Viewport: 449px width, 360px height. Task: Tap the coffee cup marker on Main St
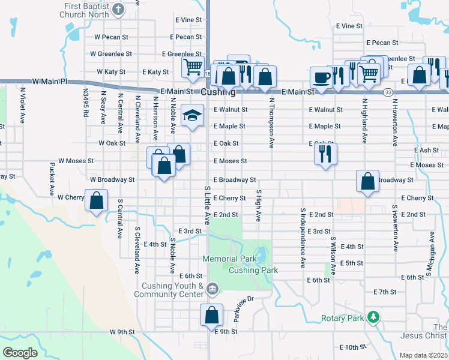click(321, 77)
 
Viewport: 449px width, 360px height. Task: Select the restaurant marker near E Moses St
click(325, 154)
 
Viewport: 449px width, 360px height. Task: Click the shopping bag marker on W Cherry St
click(96, 200)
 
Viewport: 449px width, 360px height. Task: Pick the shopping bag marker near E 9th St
click(211, 315)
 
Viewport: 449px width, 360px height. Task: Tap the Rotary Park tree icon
click(374, 316)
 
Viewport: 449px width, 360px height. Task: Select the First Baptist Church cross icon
click(118, 10)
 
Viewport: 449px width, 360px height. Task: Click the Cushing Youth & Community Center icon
click(212, 290)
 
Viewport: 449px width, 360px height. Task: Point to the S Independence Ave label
click(303, 238)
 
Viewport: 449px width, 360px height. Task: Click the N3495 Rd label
click(86, 103)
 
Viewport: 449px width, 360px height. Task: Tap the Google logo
click(19, 353)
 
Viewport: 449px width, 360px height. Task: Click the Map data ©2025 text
click(423, 355)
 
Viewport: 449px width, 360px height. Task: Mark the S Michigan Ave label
click(430, 253)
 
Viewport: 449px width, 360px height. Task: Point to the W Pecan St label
click(112, 37)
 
